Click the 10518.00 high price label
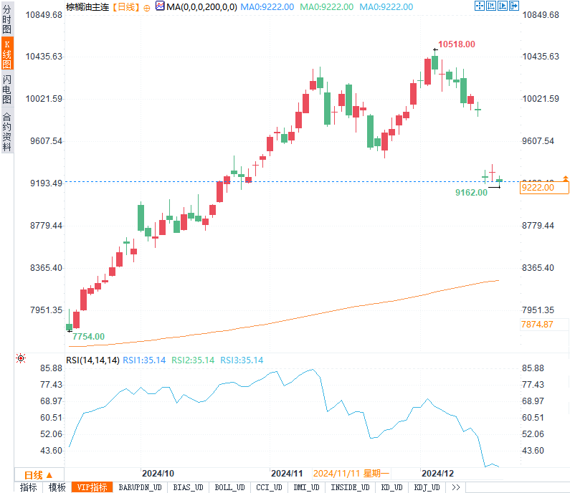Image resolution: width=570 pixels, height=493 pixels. tap(457, 44)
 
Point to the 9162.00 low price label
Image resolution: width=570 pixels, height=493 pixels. tap(471, 193)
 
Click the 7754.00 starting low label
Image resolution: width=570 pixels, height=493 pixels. tap(88, 336)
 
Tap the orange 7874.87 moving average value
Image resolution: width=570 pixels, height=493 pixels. tap(537, 324)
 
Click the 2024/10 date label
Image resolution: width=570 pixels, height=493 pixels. tap(158, 474)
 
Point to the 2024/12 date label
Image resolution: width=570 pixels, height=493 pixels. tap(437, 474)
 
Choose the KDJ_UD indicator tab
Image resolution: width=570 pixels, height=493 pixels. tap(427, 487)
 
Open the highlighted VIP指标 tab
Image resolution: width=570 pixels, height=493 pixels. tap(92, 487)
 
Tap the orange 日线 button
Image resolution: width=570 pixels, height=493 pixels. tap(38, 474)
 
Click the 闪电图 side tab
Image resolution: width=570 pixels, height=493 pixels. tap(7, 89)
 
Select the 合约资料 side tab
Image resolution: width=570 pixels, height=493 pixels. tap(7, 132)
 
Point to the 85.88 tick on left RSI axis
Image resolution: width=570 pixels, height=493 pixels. tap(52, 368)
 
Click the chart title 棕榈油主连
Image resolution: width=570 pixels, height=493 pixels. tap(87, 6)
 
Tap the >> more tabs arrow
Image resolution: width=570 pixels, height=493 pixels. tap(455, 487)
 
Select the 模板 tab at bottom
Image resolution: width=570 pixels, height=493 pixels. tap(57, 487)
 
